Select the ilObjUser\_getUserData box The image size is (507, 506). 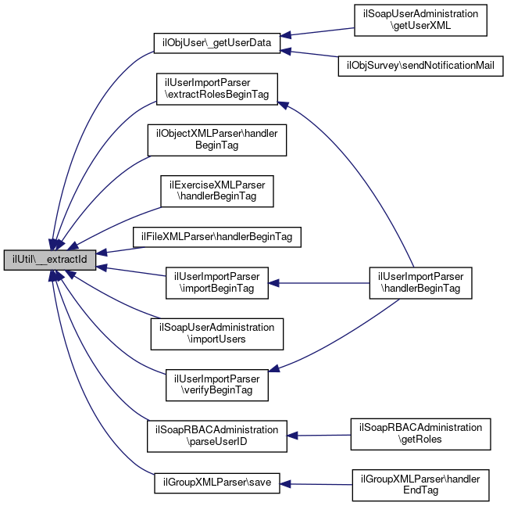click(x=216, y=42)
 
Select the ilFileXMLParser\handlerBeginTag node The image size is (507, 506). click(x=217, y=235)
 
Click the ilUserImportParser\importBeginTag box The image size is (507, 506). click(x=216, y=282)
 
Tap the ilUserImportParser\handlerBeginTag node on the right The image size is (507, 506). click(x=421, y=282)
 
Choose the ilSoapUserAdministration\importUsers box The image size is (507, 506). click(x=216, y=333)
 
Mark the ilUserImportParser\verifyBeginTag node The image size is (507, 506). click(x=216, y=383)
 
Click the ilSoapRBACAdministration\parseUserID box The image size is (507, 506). click(x=216, y=436)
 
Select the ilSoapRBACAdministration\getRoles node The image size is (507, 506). click(x=420, y=434)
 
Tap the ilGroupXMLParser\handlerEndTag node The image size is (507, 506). click(x=420, y=485)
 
